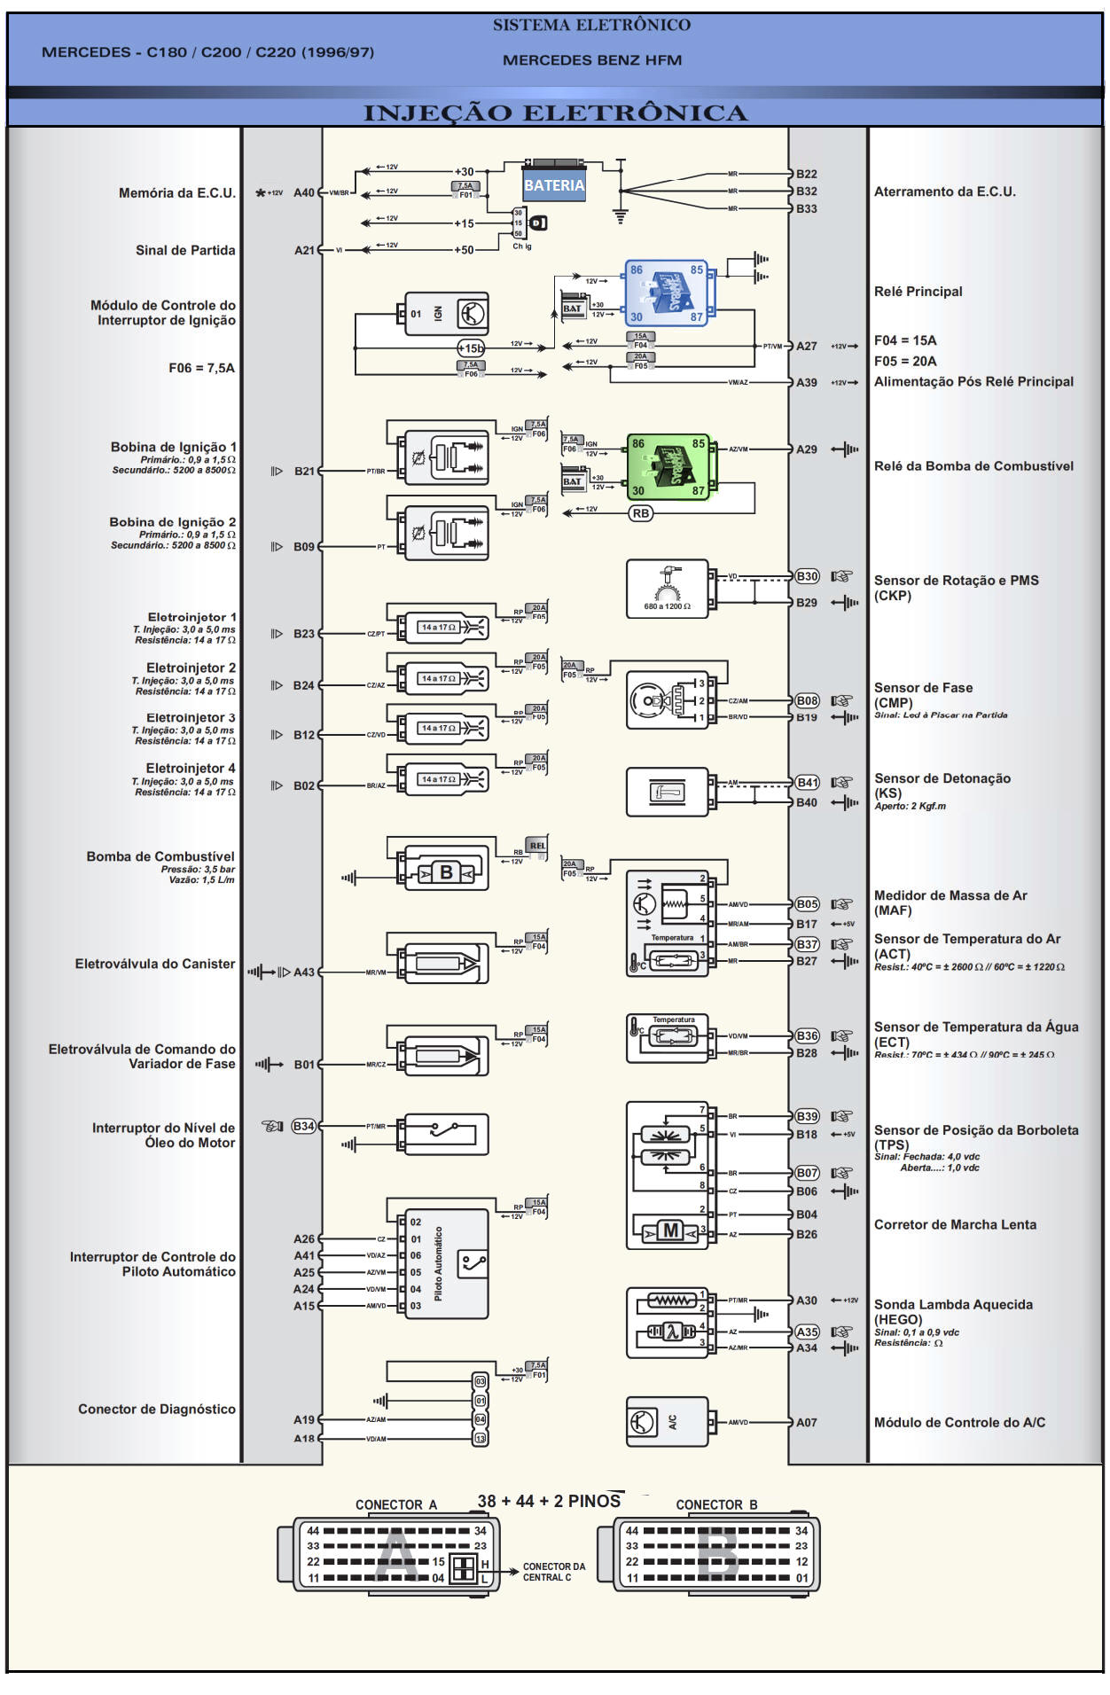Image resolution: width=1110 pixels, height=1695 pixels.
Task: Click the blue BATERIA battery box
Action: point(554,184)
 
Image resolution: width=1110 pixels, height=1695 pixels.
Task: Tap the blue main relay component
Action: point(667,293)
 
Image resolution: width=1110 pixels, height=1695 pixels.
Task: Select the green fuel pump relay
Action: point(669,467)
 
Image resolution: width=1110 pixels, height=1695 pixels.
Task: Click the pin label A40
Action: point(304,192)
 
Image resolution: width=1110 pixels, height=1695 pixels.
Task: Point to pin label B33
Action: point(807,209)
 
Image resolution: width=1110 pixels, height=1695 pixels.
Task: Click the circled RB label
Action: point(641,513)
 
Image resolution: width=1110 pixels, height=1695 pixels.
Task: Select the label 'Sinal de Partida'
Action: point(185,251)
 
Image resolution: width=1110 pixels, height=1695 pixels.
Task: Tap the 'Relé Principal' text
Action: point(918,292)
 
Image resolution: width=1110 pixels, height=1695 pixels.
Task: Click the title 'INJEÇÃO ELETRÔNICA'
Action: point(555,113)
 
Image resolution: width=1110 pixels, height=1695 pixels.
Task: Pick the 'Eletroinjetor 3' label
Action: point(191,718)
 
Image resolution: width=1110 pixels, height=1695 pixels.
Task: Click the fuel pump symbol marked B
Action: point(446,872)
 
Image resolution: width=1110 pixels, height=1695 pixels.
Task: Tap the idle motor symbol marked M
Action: point(671,1230)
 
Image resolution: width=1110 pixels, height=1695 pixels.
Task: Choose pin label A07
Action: point(807,1422)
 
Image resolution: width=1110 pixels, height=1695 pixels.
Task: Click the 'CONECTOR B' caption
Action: point(716,1504)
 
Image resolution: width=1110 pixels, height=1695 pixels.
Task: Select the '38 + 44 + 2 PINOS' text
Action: point(549,1501)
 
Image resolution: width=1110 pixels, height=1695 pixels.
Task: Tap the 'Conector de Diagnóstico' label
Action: point(157,1410)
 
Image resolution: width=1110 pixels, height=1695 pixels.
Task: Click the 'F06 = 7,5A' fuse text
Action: point(202,368)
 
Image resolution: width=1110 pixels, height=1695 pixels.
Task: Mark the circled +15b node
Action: point(471,348)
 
